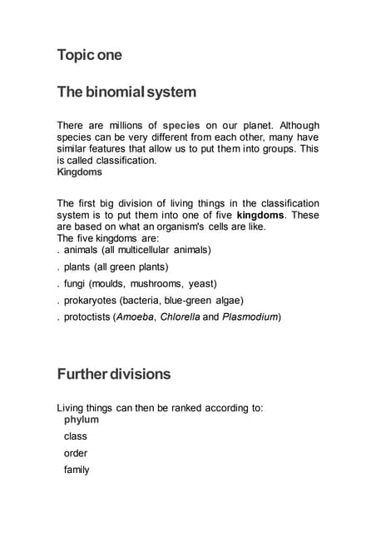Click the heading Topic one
[89, 55]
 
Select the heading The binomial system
[126, 91]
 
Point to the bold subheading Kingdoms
[79, 172]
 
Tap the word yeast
[202, 283]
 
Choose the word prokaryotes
[91, 300]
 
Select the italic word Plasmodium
[250, 316]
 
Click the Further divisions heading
[114, 374]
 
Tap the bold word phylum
[81, 419]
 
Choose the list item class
[76, 436]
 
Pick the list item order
[76, 453]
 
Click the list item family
[77, 470]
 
